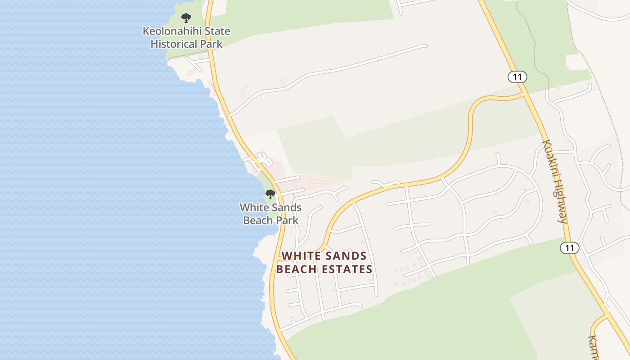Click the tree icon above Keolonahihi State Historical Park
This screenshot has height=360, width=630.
(x=186, y=18)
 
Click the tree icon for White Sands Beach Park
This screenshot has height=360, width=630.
(x=270, y=194)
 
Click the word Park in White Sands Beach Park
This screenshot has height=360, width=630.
(x=288, y=220)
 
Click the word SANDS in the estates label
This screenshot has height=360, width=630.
(x=347, y=256)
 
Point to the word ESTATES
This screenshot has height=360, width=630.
(x=349, y=270)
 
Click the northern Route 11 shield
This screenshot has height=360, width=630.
(x=517, y=77)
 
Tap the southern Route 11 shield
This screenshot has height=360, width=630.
(x=569, y=247)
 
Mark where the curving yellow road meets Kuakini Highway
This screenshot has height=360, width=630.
(x=525, y=94)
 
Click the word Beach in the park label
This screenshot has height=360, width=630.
(x=258, y=220)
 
